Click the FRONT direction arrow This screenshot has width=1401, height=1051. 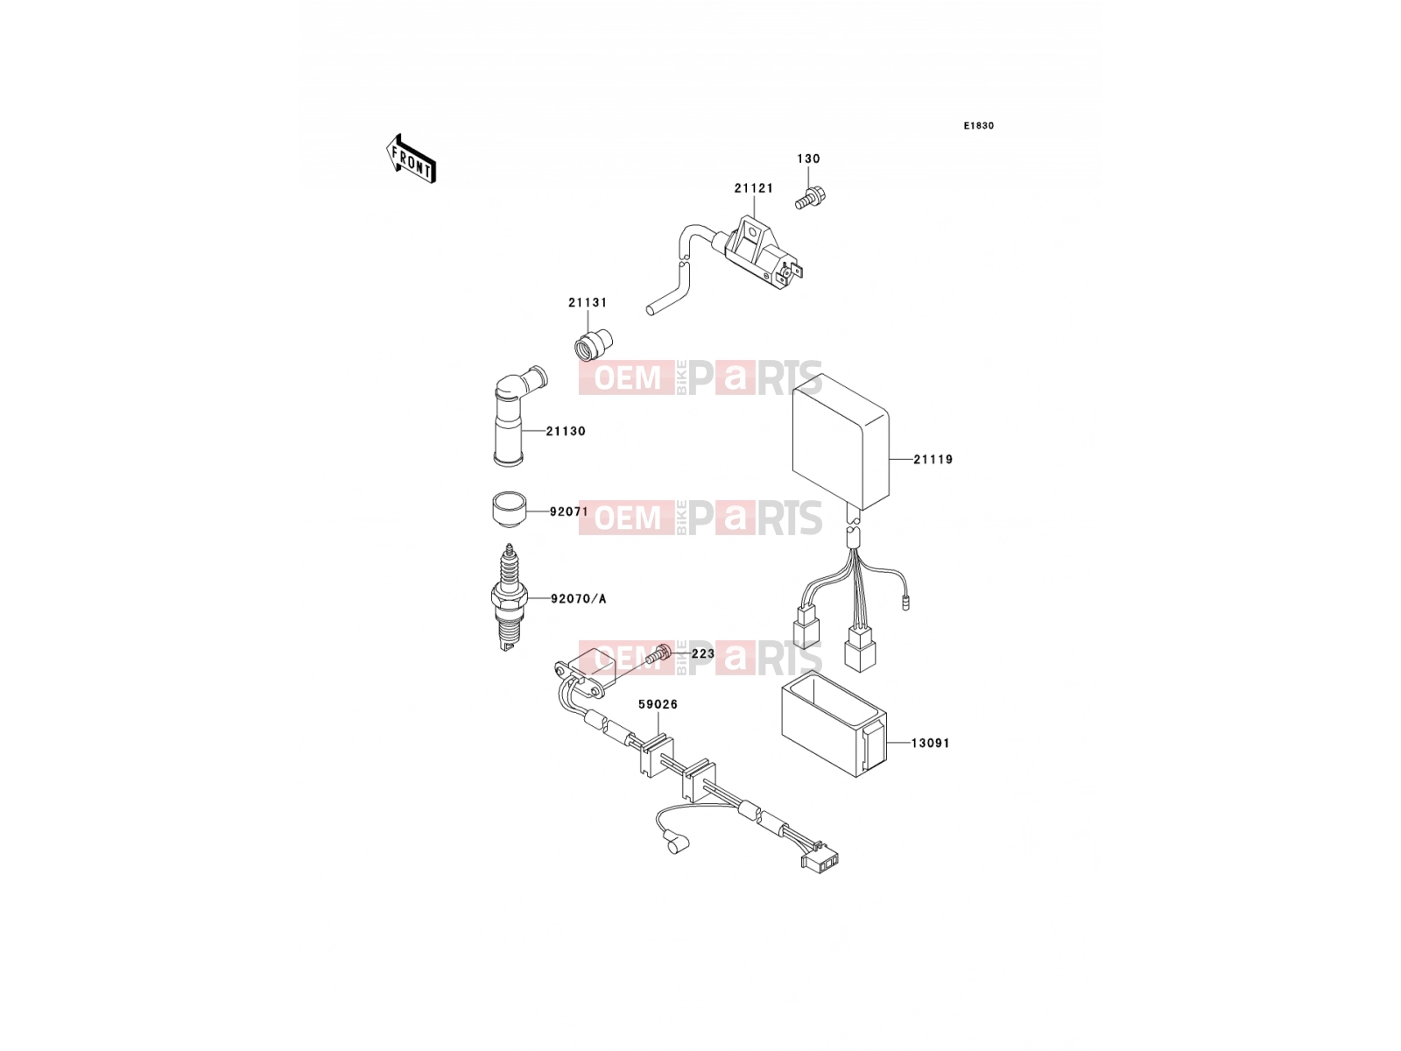(x=411, y=159)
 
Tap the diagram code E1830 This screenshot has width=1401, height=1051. (x=978, y=126)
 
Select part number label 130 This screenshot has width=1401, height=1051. (x=808, y=159)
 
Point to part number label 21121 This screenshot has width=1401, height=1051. (x=753, y=188)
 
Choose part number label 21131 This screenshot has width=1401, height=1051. (x=588, y=302)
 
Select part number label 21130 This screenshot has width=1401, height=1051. (x=566, y=432)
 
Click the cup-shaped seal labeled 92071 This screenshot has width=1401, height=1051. (x=508, y=509)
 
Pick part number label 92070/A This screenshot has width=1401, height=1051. (x=578, y=598)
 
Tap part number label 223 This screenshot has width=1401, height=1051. (x=703, y=654)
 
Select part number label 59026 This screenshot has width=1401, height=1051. (x=658, y=704)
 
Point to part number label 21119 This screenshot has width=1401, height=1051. (x=933, y=460)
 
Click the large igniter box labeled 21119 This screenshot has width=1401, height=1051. (x=840, y=441)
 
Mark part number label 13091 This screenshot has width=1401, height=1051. (x=930, y=744)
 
